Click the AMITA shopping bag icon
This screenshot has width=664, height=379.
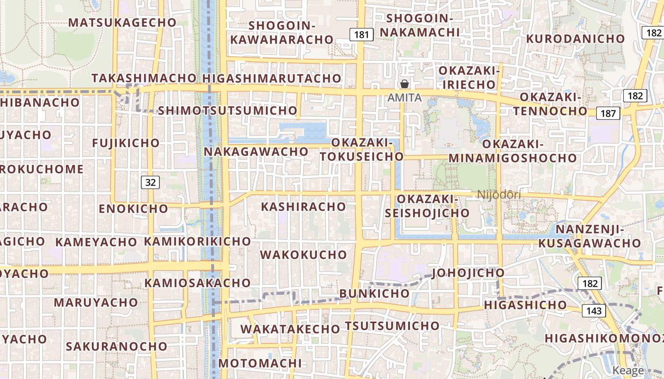[405, 84]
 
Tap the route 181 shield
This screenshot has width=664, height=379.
[361, 34]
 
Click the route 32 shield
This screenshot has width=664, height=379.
[150, 182]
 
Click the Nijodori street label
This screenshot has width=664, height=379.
[499, 195]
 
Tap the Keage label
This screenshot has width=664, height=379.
[628, 370]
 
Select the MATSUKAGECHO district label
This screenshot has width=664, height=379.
[122, 22]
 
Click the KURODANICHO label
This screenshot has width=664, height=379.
[576, 38]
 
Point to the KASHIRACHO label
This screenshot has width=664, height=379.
[304, 207]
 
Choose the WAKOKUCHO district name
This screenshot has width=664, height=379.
[304, 254]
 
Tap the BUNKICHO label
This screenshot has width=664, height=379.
[374, 293]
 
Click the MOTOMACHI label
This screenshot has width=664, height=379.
[260, 363]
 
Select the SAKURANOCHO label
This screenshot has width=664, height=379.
[117, 346]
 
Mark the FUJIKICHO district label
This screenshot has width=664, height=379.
[126, 143]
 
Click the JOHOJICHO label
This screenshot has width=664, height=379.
[468, 273]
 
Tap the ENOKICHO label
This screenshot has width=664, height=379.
[133, 208]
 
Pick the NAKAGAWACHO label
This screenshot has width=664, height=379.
[257, 152]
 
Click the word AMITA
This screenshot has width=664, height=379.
[405, 98]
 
